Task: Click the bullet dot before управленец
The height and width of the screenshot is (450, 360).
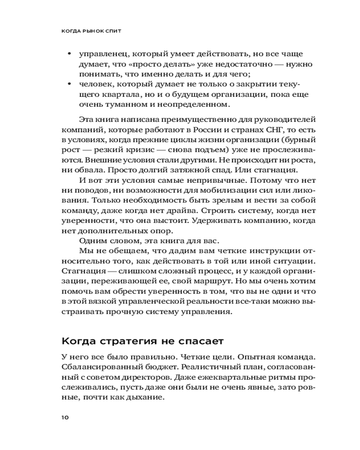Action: [x=69, y=54]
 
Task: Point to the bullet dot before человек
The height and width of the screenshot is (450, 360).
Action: [x=69, y=84]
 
